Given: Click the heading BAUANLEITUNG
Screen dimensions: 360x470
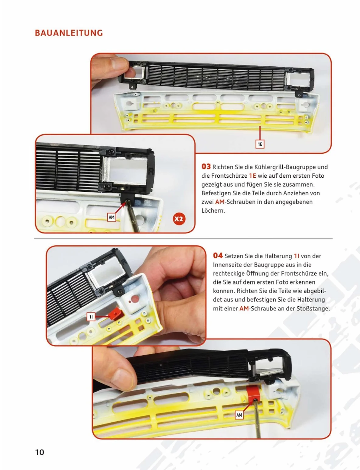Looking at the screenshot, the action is click(69, 33).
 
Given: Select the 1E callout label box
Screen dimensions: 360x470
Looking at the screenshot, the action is click(260, 144).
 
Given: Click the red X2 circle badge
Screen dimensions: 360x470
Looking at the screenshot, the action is click(179, 219).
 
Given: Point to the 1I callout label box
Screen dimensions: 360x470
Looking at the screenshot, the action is click(91, 317).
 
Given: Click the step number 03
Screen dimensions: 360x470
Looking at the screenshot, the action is click(206, 166).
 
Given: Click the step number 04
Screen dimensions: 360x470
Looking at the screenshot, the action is click(218, 256).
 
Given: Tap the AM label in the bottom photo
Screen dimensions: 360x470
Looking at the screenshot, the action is click(239, 415).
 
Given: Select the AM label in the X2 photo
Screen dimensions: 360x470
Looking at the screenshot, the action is click(111, 217).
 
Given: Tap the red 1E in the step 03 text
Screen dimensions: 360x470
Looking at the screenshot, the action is click(252, 176).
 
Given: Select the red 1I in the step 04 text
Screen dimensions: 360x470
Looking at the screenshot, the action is click(296, 256).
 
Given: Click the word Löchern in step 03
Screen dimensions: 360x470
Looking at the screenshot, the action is click(213, 211).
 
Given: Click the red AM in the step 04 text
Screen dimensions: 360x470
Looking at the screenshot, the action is click(244, 308).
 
